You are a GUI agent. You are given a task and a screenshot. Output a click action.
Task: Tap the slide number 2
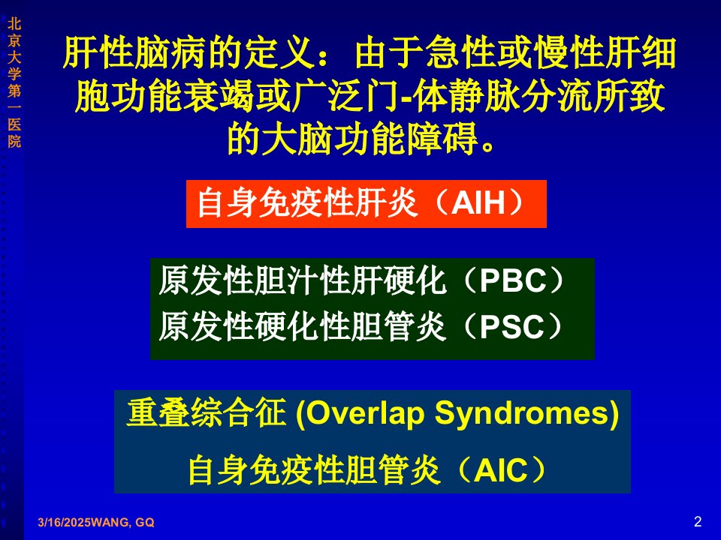pos(698,522)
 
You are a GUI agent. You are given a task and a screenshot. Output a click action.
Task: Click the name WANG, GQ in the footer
pos(122,522)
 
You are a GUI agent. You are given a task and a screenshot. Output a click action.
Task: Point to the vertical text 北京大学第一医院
pos(14,82)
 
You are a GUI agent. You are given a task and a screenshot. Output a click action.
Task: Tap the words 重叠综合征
pos(206,412)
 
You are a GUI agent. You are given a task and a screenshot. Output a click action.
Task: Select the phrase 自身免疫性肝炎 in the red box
pos(306,203)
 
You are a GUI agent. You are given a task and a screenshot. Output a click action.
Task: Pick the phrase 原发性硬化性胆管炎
pos(302,327)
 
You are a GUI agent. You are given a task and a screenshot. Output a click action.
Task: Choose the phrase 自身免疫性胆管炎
pos(314,469)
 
